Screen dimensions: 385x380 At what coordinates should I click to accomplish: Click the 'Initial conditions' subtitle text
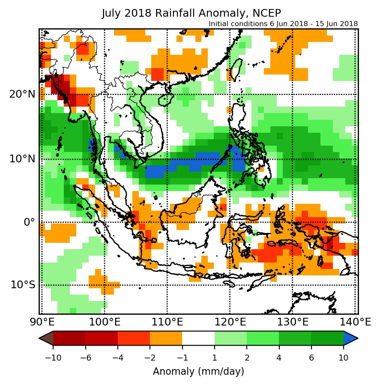click(283, 24)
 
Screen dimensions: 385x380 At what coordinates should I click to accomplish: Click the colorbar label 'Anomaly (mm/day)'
click(198, 371)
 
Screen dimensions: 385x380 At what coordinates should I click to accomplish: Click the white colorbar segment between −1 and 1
click(198, 338)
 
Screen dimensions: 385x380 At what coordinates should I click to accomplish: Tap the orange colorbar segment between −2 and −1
click(166, 338)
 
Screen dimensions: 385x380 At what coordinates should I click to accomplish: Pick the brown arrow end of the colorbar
click(46, 338)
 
